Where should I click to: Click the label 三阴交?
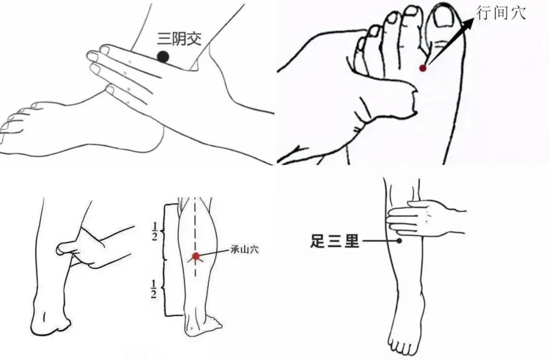(x=179, y=38)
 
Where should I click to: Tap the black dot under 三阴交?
(x=163, y=57)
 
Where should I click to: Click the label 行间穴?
(x=501, y=12)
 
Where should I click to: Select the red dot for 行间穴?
(x=423, y=68)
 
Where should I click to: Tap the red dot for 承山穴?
(x=196, y=256)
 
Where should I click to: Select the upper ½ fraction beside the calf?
(x=154, y=231)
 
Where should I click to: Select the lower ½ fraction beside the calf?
(x=154, y=289)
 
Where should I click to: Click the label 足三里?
(x=335, y=242)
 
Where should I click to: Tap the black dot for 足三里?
(x=399, y=241)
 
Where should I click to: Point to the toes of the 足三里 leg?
(x=403, y=347)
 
